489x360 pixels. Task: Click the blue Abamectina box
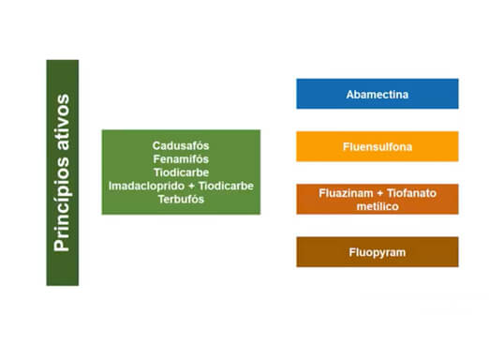pos(378,93)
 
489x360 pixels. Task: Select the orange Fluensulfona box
pos(378,146)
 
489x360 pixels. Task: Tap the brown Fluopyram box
pos(378,251)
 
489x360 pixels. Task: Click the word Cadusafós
pos(180,146)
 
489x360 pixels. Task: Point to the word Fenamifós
pos(180,159)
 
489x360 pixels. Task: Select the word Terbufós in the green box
pos(180,199)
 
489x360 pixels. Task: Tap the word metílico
pos(377,205)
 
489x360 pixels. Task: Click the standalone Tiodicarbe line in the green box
pos(180,172)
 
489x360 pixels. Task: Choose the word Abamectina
pos(378,94)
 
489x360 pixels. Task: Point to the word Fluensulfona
pos(378,147)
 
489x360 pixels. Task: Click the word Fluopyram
pos(378,252)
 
